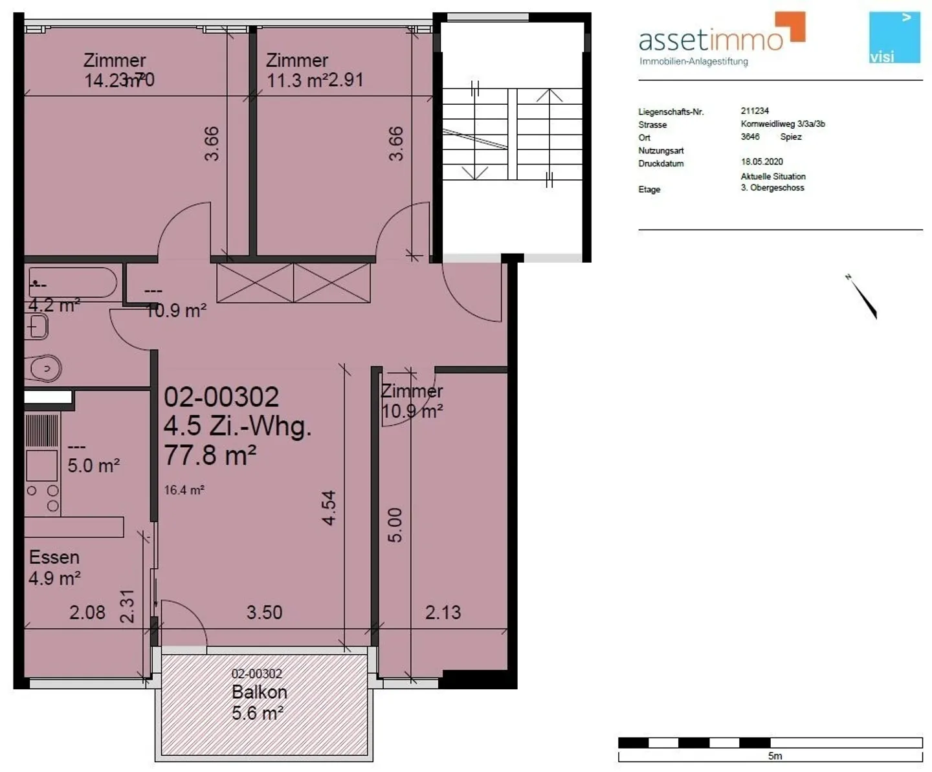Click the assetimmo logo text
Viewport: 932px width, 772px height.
711,40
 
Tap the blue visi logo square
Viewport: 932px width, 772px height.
894,38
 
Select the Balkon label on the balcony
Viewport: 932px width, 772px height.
259,692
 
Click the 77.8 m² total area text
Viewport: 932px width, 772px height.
210,456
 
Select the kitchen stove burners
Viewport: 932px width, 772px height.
43,498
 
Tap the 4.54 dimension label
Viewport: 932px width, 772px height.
329,508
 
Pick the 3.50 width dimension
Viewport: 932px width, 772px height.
264,612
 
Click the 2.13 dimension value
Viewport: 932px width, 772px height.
443,612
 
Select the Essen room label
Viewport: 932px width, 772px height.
54,557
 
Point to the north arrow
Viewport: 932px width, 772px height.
863,298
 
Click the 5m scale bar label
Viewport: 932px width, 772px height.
775,756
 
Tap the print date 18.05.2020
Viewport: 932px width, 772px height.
762,162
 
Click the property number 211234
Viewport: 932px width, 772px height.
755,111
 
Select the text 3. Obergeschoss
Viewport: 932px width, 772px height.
772,188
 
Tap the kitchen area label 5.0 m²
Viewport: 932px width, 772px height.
94,465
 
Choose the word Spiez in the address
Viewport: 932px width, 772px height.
790,137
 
